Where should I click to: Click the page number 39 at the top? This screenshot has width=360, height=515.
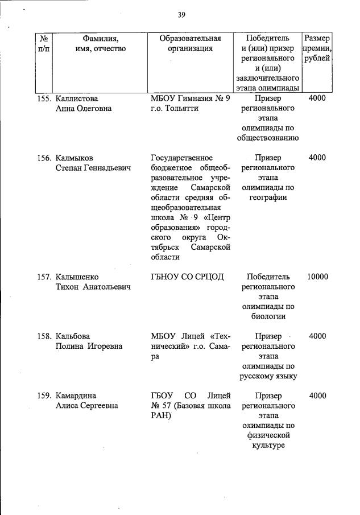coord(181,15)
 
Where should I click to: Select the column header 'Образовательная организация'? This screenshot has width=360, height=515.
coord(190,44)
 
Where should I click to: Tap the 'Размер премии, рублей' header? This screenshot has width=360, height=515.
coord(316,48)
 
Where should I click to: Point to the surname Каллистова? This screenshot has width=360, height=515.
coord(77,98)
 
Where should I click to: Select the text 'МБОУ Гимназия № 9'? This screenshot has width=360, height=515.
coord(190,98)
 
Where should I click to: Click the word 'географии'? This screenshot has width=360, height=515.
coord(267,197)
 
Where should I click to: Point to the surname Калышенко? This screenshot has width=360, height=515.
coord(78,277)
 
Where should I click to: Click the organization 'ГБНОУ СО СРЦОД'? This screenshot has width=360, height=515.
coord(187,277)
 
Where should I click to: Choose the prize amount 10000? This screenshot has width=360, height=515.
coord(317,277)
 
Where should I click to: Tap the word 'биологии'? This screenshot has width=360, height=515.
coord(267,317)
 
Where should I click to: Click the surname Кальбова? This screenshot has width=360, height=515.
coord(73,336)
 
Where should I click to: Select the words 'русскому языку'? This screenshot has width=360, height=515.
coord(267,376)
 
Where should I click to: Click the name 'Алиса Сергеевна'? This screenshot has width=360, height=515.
coord(86,406)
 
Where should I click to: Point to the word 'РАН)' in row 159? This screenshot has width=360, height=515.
coord(160,416)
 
